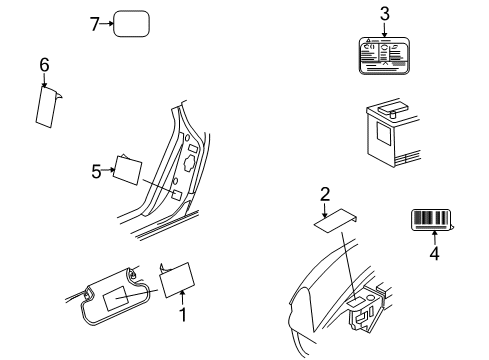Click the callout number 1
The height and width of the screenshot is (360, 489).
click(182, 316)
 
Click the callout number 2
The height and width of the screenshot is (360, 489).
click(325, 196)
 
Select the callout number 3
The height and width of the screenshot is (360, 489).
click(384, 13)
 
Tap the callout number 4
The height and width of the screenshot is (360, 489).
click(434, 254)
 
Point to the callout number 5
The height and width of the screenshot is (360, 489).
click(97, 171)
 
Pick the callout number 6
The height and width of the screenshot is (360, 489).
click(44, 65)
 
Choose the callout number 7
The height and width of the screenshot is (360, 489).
click(95, 23)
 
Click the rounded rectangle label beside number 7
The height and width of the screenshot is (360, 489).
click(131, 24)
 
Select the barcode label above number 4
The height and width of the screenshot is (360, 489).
click(432, 220)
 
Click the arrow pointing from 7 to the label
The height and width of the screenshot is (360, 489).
click(106, 23)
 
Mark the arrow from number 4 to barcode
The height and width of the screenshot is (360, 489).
click(434, 238)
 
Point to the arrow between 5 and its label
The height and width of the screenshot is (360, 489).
click(109, 171)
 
